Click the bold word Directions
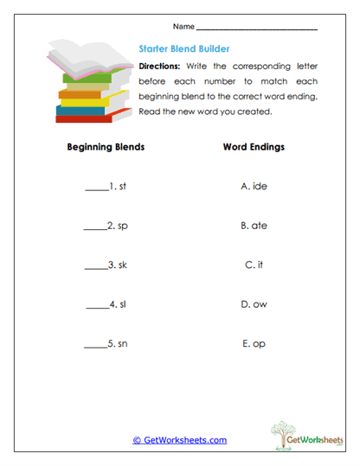pyautogui.click(x=159, y=66)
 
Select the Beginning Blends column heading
pyautogui.click(x=106, y=147)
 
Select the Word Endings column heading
pyautogui.click(x=254, y=147)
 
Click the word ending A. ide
pyautogui.click(x=254, y=186)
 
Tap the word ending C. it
pyautogui.click(x=254, y=265)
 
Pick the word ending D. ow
pyautogui.click(x=254, y=303)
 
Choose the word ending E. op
pyautogui.click(x=254, y=343)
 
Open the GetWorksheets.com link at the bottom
pyautogui.click(x=180, y=440)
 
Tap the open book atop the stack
pyautogui.click(x=87, y=58)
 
